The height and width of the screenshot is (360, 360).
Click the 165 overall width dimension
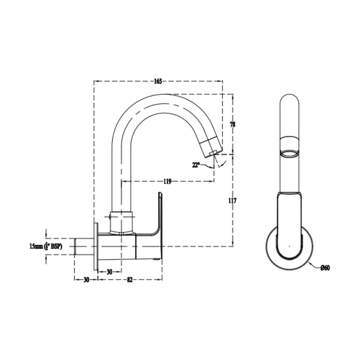tap(158, 81)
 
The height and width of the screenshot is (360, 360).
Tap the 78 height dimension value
tap(233, 124)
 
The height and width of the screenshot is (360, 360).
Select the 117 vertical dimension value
tap(232, 200)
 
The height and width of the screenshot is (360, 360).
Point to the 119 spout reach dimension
tap(168, 181)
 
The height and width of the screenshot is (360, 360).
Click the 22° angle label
tap(196, 165)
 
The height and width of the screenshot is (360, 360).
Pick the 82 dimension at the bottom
tap(130, 279)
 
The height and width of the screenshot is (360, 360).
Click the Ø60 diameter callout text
tap(325, 267)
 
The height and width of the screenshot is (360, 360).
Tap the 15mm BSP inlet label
tap(46, 246)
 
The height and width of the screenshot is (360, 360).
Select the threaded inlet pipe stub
tap(84, 246)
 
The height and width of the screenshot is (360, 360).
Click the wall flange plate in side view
tap(96, 246)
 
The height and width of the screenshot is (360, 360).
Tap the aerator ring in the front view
tap(289, 154)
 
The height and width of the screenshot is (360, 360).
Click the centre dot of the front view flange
tap(289, 246)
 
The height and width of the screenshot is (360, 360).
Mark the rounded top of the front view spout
tap(289, 98)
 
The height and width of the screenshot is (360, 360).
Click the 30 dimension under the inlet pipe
tap(86, 280)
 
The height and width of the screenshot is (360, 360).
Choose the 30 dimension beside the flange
tap(110, 272)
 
